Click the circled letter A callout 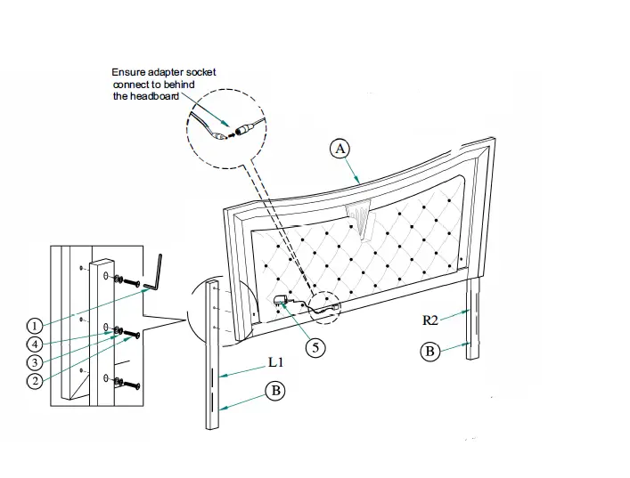[x=339, y=149]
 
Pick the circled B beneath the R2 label [x=430, y=351]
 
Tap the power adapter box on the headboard [x=281, y=301]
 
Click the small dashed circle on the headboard [x=323, y=304]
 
